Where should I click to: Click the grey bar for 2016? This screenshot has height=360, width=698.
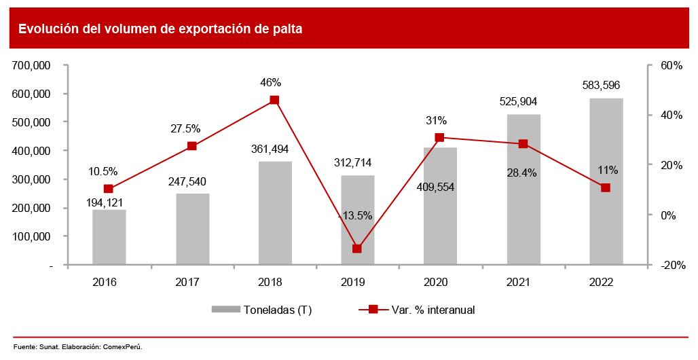point(109,237)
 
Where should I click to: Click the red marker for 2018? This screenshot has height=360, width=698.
point(274,100)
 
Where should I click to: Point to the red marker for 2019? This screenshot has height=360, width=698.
point(357,249)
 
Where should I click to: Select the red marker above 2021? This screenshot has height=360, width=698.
point(523,144)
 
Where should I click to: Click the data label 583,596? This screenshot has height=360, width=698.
point(601,86)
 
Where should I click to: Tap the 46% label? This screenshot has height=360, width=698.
point(270,83)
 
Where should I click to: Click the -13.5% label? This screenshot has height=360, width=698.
point(354,215)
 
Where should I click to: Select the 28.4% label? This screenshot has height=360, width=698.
point(521,173)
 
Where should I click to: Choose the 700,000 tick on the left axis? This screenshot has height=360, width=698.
point(33,65)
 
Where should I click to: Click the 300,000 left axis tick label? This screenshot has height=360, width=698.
point(33,179)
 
